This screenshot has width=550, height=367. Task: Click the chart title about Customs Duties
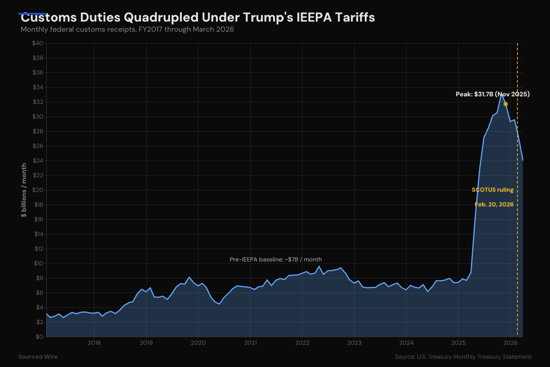(198, 18)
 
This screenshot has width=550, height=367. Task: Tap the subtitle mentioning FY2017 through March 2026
(127, 29)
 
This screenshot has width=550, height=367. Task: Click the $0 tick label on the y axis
(39, 337)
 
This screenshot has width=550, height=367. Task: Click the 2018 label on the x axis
(94, 343)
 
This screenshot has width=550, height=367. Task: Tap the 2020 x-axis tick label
(198, 343)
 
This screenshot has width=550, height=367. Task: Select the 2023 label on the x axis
(354, 343)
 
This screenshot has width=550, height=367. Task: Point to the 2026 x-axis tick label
(511, 343)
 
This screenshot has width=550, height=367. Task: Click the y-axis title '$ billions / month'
(23, 190)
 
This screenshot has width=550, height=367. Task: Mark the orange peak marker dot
(506, 104)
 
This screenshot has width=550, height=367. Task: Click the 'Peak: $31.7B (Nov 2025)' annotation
(492, 94)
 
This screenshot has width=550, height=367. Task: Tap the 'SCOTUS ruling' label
(493, 189)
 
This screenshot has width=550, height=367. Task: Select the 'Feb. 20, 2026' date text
(494, 204)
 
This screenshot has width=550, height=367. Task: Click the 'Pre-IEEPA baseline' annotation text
(275, 260)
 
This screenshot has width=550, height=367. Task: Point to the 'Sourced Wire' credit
(38, 356)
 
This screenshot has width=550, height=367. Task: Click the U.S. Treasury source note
(463, 356)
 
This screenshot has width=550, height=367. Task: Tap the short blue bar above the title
(32, 14)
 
